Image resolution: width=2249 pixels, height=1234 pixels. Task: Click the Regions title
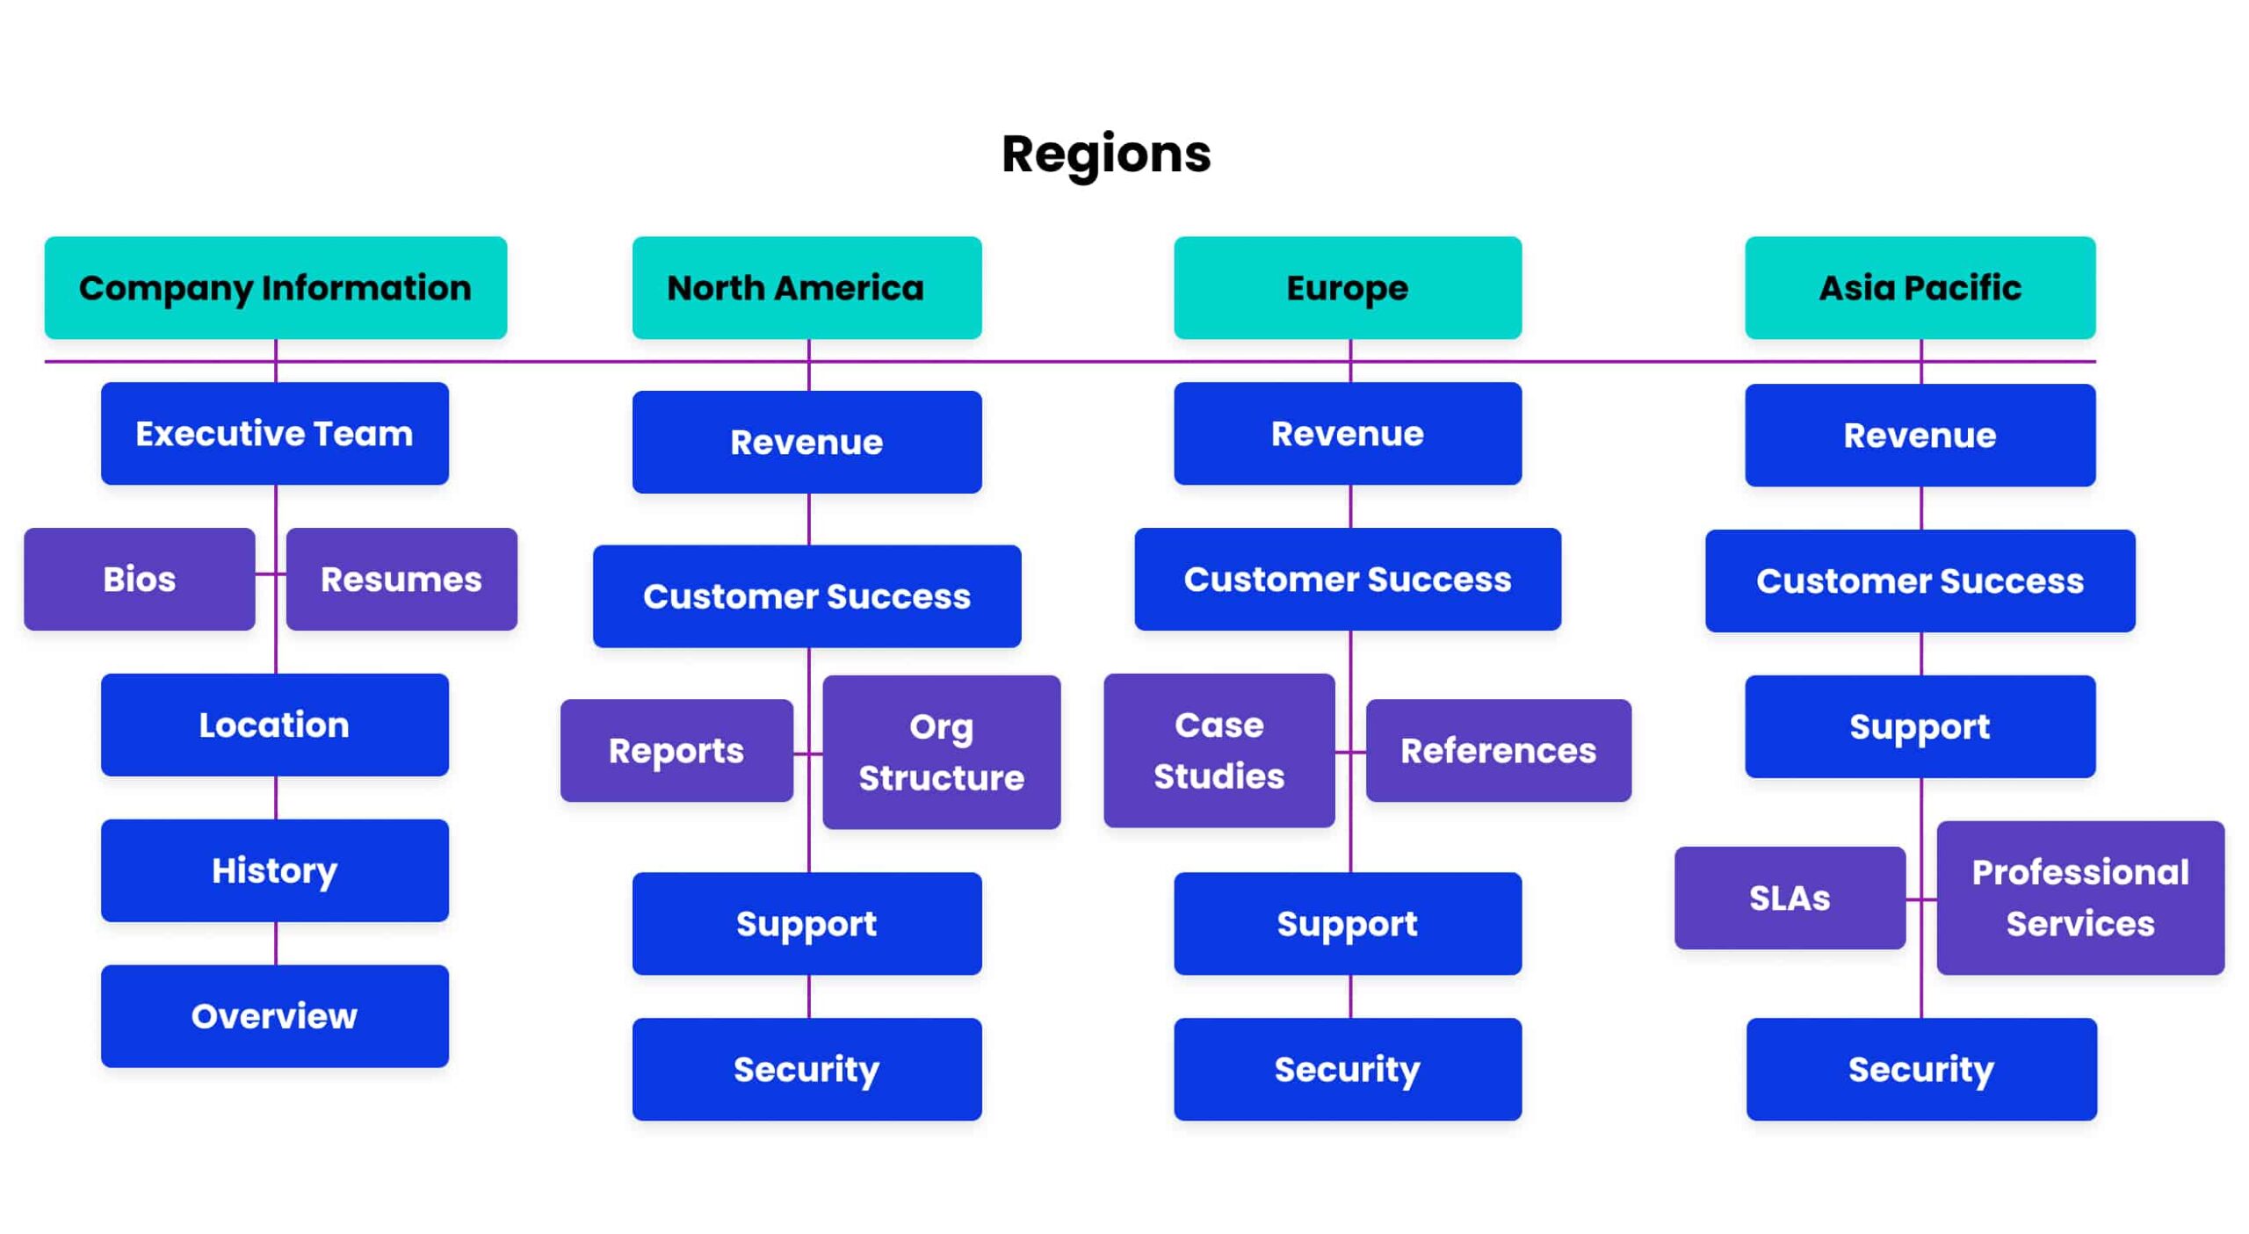pyautogui.click(x=1105, y=154)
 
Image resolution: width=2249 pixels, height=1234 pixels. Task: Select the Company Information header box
pyautogui.click(x=275, y=287)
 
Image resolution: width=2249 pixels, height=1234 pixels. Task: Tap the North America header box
pyautogui.click(x=806, y=287)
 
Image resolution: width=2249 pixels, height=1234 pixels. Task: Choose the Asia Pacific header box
pyautogui.click(x=1919, y=287)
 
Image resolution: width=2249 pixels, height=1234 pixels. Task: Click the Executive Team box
pyautogui.click(x=274, y=433)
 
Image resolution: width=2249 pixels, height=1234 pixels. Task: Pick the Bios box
pyautogui.click(x=139, y=579)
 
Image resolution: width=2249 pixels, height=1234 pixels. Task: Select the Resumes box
pyautogui.click(x=401, y=579)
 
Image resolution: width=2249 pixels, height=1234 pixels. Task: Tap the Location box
pyautogui.click(x=274, y=725)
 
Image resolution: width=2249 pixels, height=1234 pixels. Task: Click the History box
pyautogui.click(x=274, y=870)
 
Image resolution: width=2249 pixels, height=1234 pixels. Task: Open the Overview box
pyautogui.click(x=274, y=1016)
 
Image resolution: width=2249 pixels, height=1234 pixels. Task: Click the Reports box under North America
pyautogui.click(x=676, y=750)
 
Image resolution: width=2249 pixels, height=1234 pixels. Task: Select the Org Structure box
pyautogui.click(x=941, y=752)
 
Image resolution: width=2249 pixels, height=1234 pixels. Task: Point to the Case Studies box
pyautogui.click(x=1219, y=750)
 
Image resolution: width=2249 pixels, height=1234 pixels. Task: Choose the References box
pyautogui.click(x=1498, y=750)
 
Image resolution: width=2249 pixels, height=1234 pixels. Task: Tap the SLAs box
pyautogui.click(x=1789, y=898)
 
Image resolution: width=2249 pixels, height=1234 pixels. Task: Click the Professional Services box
pyautogui.click(x=2079, y=898)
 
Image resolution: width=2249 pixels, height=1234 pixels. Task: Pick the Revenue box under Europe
pyautogui.click(x=1347, y=433)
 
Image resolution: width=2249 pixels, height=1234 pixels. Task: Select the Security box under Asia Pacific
pyautogui.click(x=1920, y=1069)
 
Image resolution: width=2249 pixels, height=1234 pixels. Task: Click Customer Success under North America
pyautogui.click(x=806, y=596)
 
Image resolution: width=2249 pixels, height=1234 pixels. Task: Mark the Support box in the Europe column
pyautogui.click(x=1347, y=923)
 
